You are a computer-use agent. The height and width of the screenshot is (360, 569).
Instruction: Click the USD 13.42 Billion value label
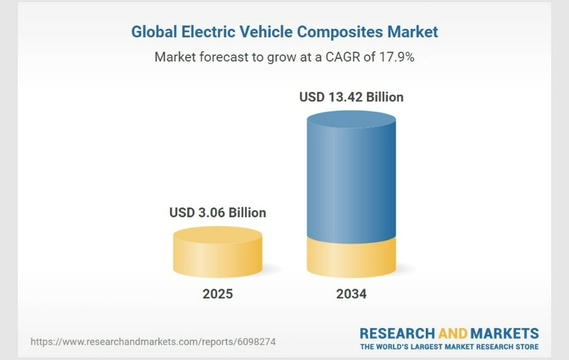[x=351, y=97]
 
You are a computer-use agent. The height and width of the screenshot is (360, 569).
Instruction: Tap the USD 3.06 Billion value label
[x=218, y=213]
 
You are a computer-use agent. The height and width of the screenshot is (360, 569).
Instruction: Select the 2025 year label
[x=218, y=294]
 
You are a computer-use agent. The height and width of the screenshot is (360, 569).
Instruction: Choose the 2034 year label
[x=351, y=294]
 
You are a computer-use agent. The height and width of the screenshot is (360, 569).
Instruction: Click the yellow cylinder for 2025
[x=218, y=255]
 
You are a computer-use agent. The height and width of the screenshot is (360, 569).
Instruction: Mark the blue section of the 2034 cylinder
[x=351, y=183]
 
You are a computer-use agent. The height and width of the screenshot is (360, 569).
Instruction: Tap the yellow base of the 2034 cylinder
[x=351, y=259]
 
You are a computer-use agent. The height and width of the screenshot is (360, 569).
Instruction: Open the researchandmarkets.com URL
[x=153, y=342]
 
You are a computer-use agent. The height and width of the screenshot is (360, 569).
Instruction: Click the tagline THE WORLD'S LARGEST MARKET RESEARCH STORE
[x=449, y=346]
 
